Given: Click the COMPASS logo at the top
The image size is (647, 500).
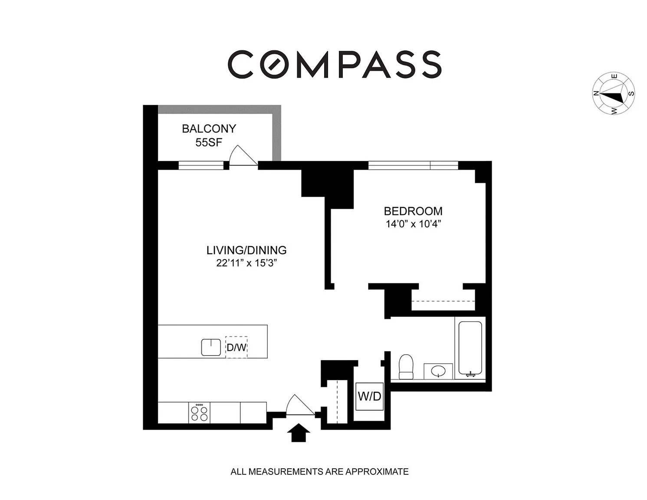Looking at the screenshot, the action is [335, 64].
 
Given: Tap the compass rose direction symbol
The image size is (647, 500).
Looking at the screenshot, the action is [614, 93].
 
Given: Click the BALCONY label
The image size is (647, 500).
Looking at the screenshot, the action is [209, 128].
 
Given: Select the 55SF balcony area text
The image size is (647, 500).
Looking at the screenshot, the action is [209, 143].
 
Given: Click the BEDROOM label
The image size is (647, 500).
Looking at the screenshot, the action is [413, 211].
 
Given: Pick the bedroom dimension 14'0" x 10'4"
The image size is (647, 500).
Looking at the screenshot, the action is [413, 224].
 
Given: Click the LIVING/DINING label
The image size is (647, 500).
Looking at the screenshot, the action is [246, 250].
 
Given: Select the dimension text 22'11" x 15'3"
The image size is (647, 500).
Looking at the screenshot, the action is [246, 263].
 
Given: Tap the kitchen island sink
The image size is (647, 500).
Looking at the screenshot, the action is [211, 347].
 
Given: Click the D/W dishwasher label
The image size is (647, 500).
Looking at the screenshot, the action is [236, 347].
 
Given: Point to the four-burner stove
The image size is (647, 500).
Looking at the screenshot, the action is [199, 413].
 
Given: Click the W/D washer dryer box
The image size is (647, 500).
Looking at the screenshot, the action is [370, 396].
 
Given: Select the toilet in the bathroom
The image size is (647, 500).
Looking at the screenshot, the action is [406, 367].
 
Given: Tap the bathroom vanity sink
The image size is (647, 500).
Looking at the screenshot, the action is [438, 371].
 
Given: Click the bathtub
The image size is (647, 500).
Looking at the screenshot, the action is [470, 348].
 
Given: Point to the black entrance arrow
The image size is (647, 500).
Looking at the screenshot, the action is [299, 433].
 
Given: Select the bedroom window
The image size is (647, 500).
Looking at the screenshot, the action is [413, 165].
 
